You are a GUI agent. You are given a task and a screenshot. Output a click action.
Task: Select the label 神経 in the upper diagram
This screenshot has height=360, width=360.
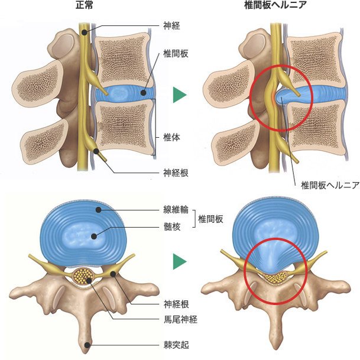[171, 26]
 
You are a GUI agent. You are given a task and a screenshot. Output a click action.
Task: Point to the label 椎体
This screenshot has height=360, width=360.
[171, 137]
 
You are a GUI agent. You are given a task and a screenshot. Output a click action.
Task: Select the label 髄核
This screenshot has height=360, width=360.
[171, 226]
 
